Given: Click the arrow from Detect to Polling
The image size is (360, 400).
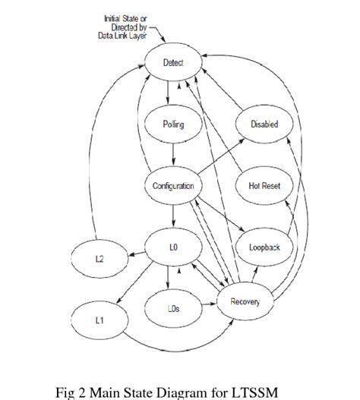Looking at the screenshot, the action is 168,93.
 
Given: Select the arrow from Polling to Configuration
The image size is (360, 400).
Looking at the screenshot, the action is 173,154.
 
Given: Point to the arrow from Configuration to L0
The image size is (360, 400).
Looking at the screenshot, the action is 173,216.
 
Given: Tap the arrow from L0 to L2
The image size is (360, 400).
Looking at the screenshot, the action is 137,254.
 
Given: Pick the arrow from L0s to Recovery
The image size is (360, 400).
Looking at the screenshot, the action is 210,304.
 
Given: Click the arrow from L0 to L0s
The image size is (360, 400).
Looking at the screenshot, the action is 168,278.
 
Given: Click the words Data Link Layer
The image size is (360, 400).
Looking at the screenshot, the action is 122,36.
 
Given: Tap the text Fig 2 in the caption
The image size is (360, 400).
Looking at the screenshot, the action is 71,393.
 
